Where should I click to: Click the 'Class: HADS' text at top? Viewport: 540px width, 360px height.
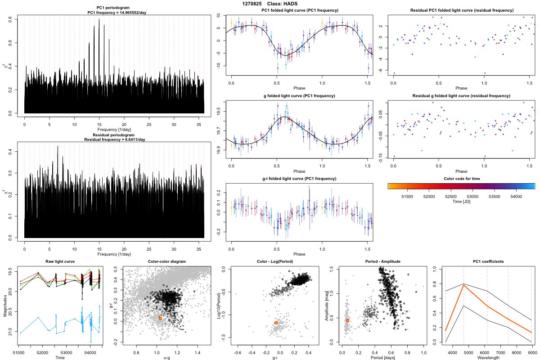point(282,4)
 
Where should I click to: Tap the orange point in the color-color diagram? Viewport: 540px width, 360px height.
point(160,318)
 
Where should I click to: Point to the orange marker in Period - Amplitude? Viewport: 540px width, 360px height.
point(347,320)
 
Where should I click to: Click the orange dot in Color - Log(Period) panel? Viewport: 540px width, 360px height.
point(276,323)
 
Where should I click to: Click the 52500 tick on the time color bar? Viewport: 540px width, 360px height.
point(450,197)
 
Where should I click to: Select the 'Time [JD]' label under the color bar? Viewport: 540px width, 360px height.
point(461,202)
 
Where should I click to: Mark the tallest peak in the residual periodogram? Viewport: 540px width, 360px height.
point(58,146)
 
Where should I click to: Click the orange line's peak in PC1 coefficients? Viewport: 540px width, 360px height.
point(463,284)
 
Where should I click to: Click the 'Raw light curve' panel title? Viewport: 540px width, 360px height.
point(60,261)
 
